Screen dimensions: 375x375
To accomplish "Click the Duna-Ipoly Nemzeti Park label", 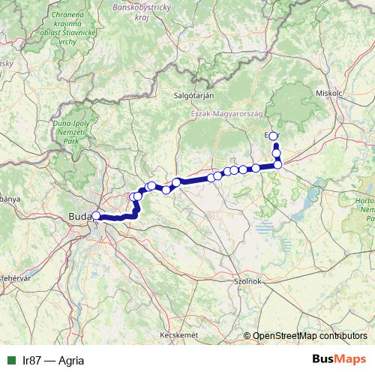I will tap(71, 130).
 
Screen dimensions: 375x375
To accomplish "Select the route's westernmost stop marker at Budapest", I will tap(95, 216).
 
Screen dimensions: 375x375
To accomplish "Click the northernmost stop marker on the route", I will tap(273, 136).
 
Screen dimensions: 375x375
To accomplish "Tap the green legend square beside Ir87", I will tap(10, 360).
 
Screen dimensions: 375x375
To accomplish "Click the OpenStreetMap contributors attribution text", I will tap(311, 336).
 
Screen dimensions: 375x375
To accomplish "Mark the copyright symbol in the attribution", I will tap(248, 336).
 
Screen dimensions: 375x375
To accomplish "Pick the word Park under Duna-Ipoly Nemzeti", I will tap(72, 140).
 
